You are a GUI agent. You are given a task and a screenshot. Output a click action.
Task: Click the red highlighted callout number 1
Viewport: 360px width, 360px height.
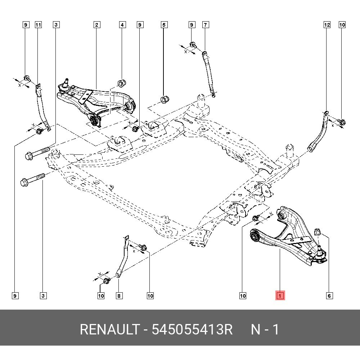(x=280, y=296)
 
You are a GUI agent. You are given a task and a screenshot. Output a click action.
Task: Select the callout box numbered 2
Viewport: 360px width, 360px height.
(x=96, y=25)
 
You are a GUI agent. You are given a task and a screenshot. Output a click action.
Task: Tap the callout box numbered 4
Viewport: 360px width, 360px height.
(x=122, y=25)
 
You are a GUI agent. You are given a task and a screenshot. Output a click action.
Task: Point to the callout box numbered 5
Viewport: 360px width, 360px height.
(x=164, y=25)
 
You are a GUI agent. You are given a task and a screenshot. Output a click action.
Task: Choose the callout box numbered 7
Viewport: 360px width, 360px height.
(x=205, y=25)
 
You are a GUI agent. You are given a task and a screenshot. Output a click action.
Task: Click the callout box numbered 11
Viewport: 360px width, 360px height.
(x=38, y=25)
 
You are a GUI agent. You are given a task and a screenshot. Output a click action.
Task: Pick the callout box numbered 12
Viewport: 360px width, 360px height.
(x=327, y=25)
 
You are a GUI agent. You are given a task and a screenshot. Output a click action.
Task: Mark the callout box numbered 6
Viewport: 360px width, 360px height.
(x=329, y=296)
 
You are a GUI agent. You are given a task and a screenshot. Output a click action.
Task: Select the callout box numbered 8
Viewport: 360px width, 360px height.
(x=119, y=296)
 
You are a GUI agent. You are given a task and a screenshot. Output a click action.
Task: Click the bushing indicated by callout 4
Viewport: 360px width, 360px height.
(x=122, y=82)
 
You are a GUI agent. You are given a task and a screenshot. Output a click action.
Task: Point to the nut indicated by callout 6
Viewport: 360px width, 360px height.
(x=317, y=231)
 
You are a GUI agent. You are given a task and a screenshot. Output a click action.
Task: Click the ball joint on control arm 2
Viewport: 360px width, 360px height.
(x=65, y=85)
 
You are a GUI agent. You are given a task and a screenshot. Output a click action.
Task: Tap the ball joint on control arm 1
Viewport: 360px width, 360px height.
(x=320, y=254)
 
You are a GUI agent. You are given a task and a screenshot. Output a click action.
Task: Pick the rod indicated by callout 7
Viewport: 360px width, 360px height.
(x=209, y=74)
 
